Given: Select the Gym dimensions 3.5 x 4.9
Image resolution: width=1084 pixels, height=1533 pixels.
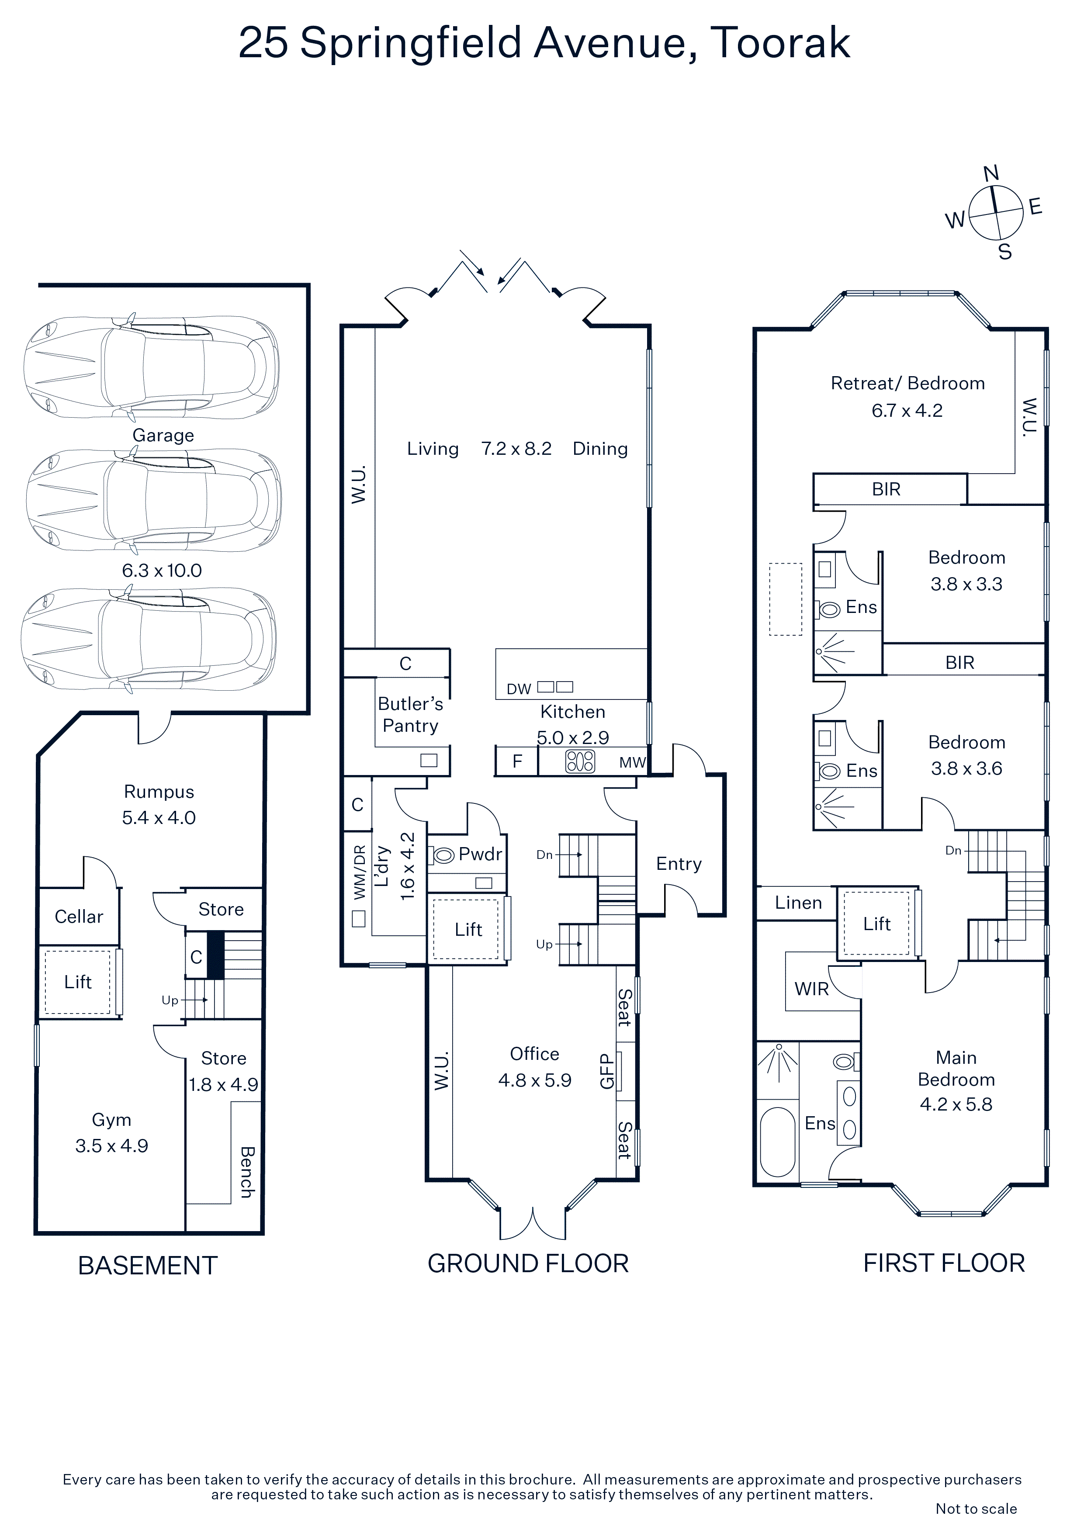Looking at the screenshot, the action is (111, 1146).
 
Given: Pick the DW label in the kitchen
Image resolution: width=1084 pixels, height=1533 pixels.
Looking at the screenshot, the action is (519, 689).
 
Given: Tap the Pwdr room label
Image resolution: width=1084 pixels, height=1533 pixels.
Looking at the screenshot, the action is (480, 854).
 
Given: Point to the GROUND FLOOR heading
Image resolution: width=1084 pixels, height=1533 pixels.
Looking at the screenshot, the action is (528, 1263).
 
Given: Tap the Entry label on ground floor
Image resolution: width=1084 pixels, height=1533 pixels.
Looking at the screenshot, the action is (679, 864).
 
